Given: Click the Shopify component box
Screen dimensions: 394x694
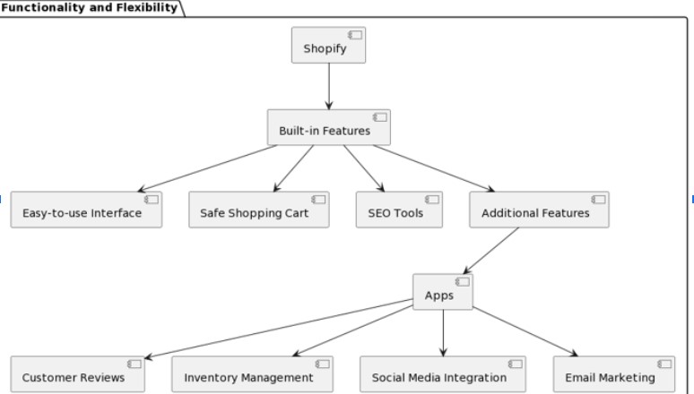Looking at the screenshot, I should click(x=329, y=46).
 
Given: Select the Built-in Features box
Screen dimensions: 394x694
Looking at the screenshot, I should click(x=329, y=127).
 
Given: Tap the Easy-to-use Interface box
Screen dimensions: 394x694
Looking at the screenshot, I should click(x=86, y=210).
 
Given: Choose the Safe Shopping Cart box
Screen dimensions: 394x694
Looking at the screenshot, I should click(x=258, y=210).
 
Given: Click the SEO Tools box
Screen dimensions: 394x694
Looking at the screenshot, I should click(x=398, y=210).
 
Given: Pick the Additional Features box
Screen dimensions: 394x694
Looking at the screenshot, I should click(x=539, y=210).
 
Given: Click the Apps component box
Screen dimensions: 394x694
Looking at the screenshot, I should click(x=442, y=292).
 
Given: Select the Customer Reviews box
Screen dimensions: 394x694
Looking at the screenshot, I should click(x=79, y=374).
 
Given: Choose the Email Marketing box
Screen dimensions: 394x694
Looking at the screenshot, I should click(x=613, y=374).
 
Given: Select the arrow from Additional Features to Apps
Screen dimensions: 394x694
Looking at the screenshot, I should click(x=491, y=251).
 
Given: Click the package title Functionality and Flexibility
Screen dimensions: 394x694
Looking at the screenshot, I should click(x=90, y=8).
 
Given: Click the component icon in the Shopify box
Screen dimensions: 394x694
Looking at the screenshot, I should click(x=355, y=35).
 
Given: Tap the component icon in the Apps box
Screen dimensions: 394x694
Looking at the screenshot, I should click(x=462, y=282).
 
